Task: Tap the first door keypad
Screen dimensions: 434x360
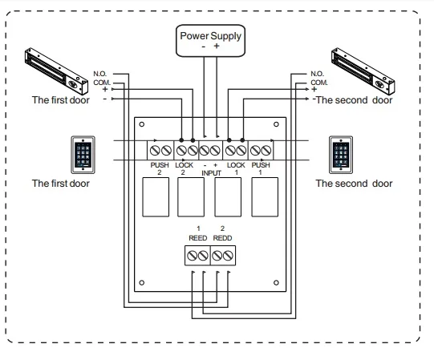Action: (83, 155)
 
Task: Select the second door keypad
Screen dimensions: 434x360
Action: (341, 155)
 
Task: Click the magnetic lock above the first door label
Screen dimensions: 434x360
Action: (56, 71)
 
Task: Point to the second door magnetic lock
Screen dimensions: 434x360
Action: (363, 71)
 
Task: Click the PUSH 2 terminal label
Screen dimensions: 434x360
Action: (160, 169)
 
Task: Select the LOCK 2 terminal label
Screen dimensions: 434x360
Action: (184, 169)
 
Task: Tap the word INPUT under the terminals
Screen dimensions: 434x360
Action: (211, 173)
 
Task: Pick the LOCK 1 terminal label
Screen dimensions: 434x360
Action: (236, 169)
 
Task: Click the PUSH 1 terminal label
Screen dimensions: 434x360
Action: (261, 169)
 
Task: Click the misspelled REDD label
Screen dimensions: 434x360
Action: (222, 238)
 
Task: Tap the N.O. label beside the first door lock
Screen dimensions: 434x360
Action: (100, 74)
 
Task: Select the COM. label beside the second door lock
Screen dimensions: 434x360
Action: (319, 83)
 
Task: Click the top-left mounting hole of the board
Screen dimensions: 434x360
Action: (142, 124)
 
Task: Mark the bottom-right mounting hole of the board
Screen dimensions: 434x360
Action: (276, 282)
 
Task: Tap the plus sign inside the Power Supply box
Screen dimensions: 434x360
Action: (217, 46)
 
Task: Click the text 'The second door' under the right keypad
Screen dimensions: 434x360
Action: (354, 184)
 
